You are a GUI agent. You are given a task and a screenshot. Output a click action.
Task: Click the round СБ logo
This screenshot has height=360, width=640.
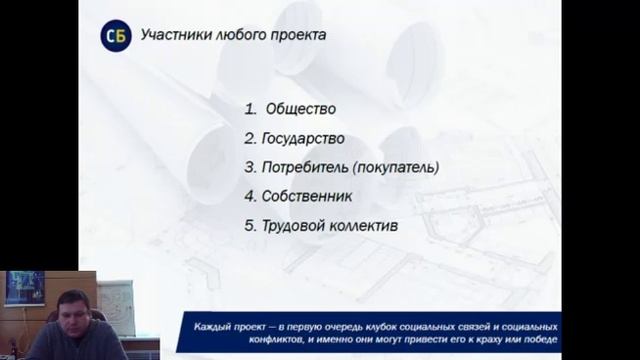(x=115, y=36)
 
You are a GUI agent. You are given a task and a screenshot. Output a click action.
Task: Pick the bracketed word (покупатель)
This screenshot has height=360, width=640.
(x=394, y=167)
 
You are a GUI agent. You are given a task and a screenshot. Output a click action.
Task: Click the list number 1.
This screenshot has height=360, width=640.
(x=250, y=108)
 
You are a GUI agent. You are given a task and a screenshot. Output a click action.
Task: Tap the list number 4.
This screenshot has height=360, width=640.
(x=250, y=196)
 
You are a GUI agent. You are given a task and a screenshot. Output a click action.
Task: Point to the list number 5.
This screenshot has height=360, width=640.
(x=250, y=226)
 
